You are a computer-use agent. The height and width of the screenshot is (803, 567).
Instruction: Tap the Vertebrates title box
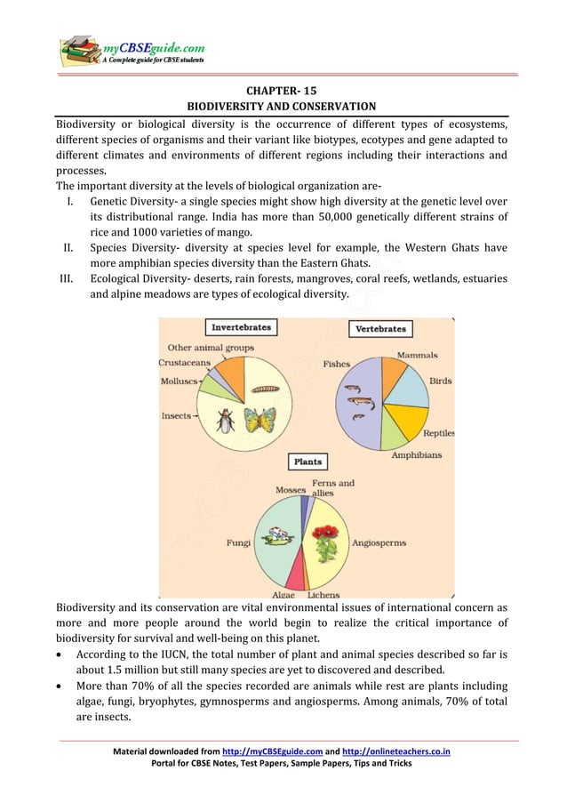pos(380,328)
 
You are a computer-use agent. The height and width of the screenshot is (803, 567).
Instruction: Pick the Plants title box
pos(307,462)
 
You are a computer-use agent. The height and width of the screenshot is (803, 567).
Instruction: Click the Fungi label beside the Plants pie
pos(238,541)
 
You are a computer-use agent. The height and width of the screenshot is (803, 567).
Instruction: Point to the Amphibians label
pos(416,454)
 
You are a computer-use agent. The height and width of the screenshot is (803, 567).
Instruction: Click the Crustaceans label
pos(184,363)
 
